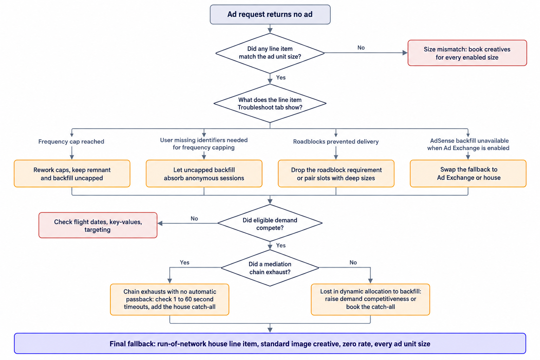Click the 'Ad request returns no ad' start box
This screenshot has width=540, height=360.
point(270,14)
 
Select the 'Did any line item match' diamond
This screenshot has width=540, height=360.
point(270,53)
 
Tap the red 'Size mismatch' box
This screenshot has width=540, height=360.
point(467,53)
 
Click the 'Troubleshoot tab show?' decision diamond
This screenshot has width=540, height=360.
point(270,103)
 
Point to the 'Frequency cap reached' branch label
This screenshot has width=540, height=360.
point(71,142)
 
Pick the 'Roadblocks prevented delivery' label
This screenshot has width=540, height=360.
point(336,142)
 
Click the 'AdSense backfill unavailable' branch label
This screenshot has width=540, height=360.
point(468,144)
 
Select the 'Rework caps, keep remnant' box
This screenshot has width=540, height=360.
point(72,174)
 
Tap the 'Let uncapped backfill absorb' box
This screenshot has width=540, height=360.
point(204,174)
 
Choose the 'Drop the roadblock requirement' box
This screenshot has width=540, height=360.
point(336,174)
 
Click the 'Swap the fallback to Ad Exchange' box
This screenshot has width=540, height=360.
point(468,174)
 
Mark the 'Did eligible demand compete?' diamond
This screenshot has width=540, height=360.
point(270,223)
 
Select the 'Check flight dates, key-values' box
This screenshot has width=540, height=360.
point(98,225)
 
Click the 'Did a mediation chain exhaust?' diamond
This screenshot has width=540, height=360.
point(270,268)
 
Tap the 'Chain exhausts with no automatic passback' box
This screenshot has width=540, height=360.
point(170,300)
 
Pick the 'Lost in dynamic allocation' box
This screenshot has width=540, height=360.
point(371,300)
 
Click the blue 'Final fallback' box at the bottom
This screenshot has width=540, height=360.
point(270,343)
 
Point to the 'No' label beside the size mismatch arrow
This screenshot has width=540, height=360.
point(361,48)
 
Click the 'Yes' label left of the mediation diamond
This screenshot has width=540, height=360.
point(185,262)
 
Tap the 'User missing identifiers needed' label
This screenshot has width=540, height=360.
point(204,144)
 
